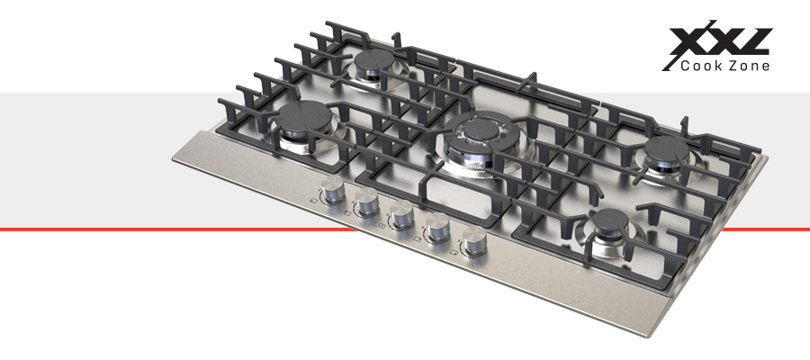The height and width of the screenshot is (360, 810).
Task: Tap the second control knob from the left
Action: pyautogui.click(x=365, y=201)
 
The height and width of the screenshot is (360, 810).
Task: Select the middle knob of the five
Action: pyautogui.click(x=400, y=214)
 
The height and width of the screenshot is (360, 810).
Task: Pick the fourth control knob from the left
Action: pyautogui.click(x=437, y=227)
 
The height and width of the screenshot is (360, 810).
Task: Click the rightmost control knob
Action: pyautogui.click(x=473, y=240)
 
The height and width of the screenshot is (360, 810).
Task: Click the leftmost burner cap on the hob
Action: pyautogui.click(x=303, y=116)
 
